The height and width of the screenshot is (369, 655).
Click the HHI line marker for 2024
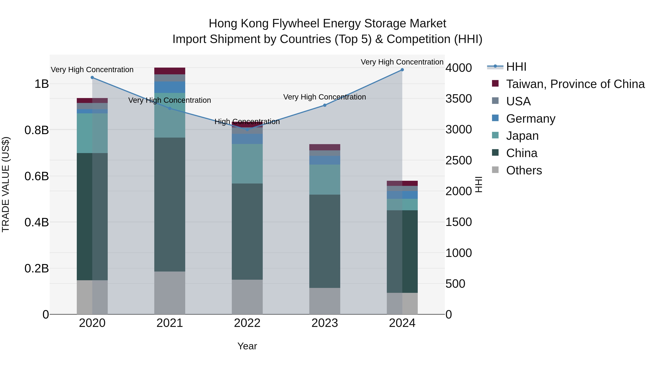[402, 70]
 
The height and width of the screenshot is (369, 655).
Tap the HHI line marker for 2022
[247, 130]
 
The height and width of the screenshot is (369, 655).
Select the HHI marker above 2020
[92, 78]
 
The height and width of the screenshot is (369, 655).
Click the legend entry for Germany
[530, 119]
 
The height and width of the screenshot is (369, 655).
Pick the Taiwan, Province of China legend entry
[575, 84]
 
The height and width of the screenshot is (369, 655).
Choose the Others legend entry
[524, 170]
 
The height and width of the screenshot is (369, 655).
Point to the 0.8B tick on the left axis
[37, 130]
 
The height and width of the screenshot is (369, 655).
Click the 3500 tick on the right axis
[458, 99]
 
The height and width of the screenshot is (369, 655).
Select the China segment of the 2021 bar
[170, 204]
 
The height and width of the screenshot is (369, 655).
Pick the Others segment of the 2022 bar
[247, 297]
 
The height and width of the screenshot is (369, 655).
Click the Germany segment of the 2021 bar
[170, 87]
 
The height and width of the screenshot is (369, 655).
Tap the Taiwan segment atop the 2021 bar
[170, 71]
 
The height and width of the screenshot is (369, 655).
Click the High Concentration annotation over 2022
[247, 122]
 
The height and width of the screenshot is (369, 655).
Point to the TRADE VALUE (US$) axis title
[6, 184]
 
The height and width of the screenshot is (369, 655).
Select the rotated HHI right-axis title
[479, 184]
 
